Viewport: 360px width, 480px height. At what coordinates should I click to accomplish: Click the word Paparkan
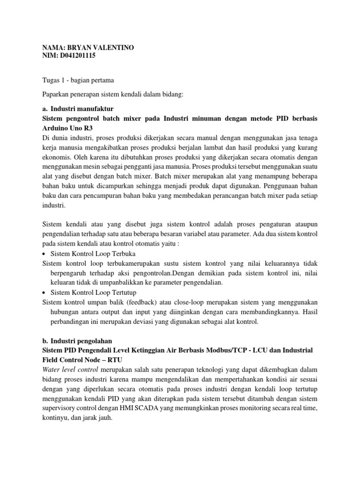[x=56, y=95]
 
